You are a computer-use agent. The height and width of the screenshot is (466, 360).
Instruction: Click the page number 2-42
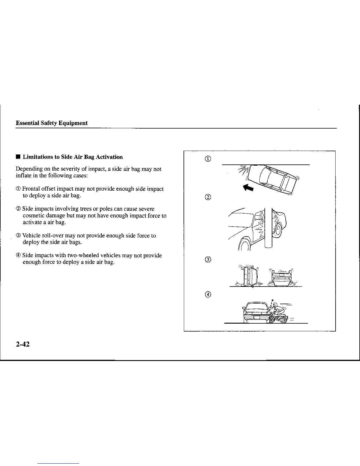(x=23, y=344)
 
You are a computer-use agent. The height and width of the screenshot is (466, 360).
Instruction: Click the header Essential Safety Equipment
(x=51, y=123)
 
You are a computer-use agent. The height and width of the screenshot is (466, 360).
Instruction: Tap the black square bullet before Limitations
(x=18, y=157)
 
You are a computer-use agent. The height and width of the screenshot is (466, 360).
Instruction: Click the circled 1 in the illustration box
(x=207, y=159)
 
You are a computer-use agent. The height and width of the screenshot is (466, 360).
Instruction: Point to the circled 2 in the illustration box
(x=207, y=197)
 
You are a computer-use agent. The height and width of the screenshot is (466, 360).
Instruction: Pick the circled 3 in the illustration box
(x=208, y=259)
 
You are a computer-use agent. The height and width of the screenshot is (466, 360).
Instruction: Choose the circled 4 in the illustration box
(x=208, y=294)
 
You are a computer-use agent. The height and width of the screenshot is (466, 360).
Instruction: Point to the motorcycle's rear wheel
(x=283, y=319)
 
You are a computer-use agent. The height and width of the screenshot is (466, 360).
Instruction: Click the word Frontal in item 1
(x=31, y=189)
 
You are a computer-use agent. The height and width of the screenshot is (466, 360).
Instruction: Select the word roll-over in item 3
(x=52, y=236)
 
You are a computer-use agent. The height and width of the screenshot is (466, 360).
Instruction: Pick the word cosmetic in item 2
(x=32, y=216)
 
